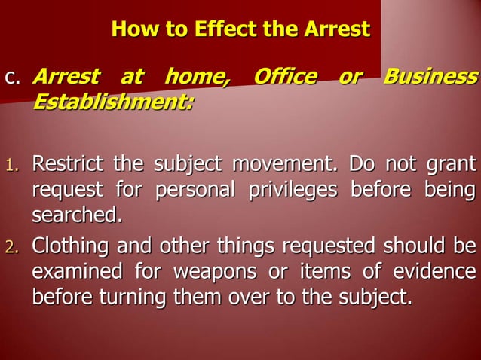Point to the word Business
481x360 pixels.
click(x=430, y=77)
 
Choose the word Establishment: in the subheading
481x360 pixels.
click(x=112, y=100)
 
